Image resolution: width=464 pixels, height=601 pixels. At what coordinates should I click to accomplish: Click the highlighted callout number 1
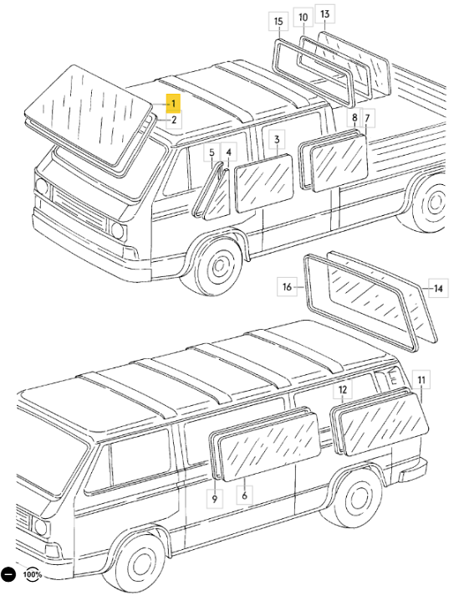point(173,103)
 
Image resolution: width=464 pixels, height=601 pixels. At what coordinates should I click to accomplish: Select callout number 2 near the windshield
point(173,120)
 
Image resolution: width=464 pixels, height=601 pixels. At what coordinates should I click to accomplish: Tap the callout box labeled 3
point(277,139)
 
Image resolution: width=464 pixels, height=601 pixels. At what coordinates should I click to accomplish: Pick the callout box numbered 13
point(325,13)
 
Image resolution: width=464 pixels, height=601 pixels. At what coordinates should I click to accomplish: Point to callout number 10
point(302,17)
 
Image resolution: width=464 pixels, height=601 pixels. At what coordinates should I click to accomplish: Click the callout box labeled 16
point(288,286)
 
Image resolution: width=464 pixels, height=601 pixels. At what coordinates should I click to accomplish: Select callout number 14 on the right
point(438,288)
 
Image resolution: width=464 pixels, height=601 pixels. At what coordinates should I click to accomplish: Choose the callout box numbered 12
point(342,390)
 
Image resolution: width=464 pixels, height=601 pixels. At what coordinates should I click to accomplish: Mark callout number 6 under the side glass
point(244,496)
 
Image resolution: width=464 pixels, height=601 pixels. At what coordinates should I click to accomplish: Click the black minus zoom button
point(8,574)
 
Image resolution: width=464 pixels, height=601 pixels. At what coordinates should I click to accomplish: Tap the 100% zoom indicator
point(32,574)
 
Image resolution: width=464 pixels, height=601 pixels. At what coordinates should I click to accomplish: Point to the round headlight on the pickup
point(118,229)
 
